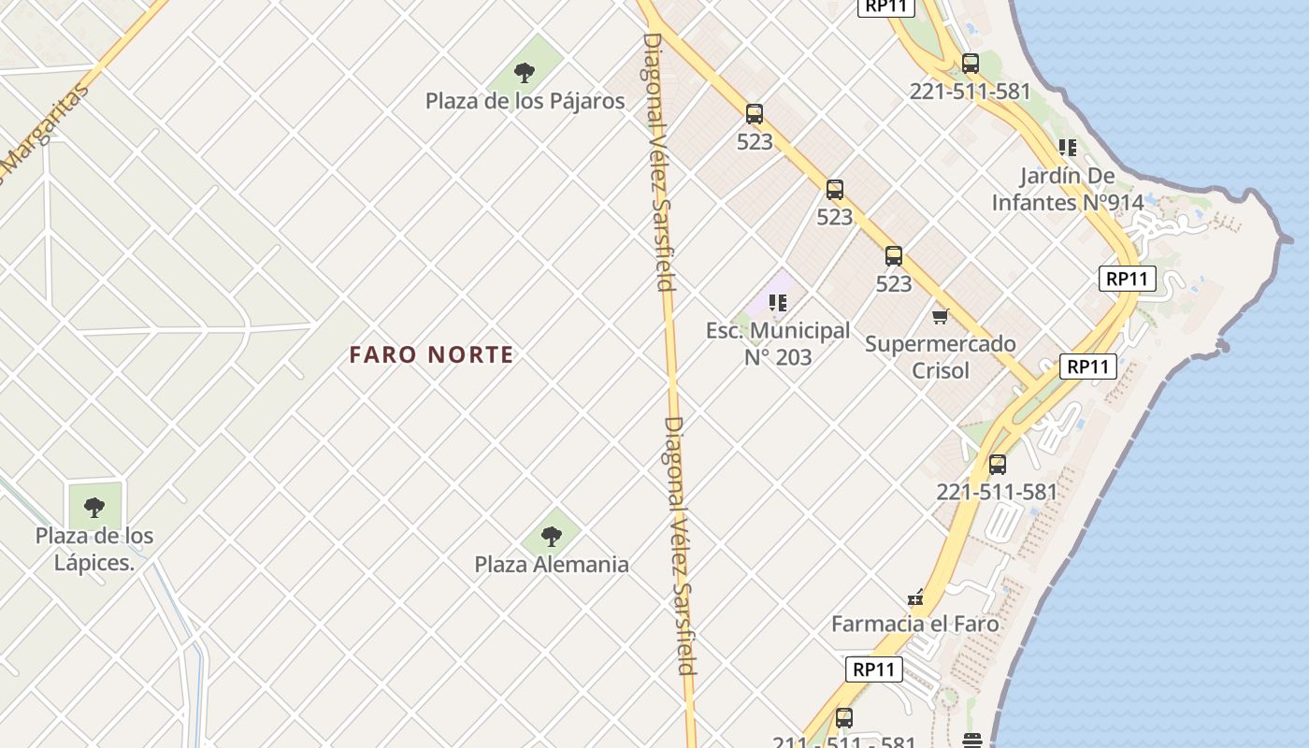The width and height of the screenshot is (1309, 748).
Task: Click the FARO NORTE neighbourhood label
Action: [x=431, y=355]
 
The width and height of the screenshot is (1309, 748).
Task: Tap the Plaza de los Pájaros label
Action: [x=525, y=101]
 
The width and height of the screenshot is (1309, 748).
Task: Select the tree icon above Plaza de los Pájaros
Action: [x=525, y=73]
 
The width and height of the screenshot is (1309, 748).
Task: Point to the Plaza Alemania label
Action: [x=551, y=565]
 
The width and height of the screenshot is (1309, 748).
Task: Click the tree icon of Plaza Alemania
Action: [x=552, y=537]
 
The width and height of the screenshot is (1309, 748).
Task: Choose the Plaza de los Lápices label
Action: [x=94, y=549]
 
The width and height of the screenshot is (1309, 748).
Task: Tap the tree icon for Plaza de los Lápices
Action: [x=94, y=508]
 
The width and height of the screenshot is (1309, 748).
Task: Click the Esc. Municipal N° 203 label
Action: [x=778, y=343]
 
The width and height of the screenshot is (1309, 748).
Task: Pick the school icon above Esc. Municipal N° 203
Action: [x=778, y=302]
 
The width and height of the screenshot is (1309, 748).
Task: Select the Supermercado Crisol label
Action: [x=940, y=356]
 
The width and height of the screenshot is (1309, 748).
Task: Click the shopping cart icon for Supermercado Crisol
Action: [x=940, y=316]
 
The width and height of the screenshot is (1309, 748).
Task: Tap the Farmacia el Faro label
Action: [x=914, y=624]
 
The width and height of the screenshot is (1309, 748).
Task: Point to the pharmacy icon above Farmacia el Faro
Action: [x=915, y=597]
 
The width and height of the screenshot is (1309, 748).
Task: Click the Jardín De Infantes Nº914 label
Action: [x=1067, y=189]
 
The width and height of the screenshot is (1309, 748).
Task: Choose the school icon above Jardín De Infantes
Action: [x=1067, y=148]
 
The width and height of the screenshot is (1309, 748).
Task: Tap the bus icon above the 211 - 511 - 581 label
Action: [x=844, y=718]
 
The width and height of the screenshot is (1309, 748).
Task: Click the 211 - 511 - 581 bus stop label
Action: [x=843, y=742]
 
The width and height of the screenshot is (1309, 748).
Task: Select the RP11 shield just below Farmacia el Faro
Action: [x=874, y=669]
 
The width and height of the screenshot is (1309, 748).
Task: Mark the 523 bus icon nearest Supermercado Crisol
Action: [x=894, y=256]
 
